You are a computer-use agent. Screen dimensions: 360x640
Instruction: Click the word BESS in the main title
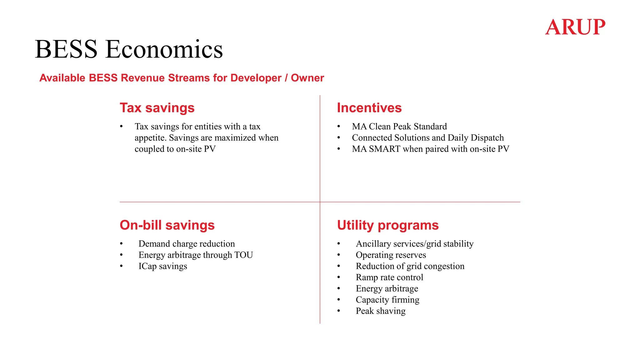[x=66, y=49]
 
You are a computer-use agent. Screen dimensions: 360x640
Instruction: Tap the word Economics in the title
[x=164, y=49]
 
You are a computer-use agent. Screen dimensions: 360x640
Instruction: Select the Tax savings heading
[x=157, y=108]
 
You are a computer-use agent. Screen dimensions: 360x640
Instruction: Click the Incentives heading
[x=369, y=108]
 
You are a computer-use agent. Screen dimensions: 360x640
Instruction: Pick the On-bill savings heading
[x=167, y=225]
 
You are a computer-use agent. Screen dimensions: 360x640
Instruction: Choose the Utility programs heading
[x=387, y=225]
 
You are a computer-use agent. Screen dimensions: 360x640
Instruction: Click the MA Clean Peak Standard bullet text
[x=399, y=127]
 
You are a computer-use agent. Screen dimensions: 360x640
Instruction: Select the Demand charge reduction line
[x=187, y=244]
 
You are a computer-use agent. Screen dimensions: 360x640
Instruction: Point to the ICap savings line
[x=162, y=266]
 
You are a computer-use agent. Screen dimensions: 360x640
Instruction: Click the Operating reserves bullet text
[x=391, y=255]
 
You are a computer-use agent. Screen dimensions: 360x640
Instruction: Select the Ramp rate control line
[x=389, y=277]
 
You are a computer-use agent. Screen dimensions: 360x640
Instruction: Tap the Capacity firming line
[x=387, y=300]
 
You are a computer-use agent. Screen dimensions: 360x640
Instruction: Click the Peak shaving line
[x=380, y=311]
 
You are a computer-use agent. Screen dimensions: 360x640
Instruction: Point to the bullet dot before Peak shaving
[x=338, y=311]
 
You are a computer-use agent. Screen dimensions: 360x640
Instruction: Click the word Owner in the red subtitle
[x=307, y=78]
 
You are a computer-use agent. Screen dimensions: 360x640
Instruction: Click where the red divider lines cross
[x=320, y=202]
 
